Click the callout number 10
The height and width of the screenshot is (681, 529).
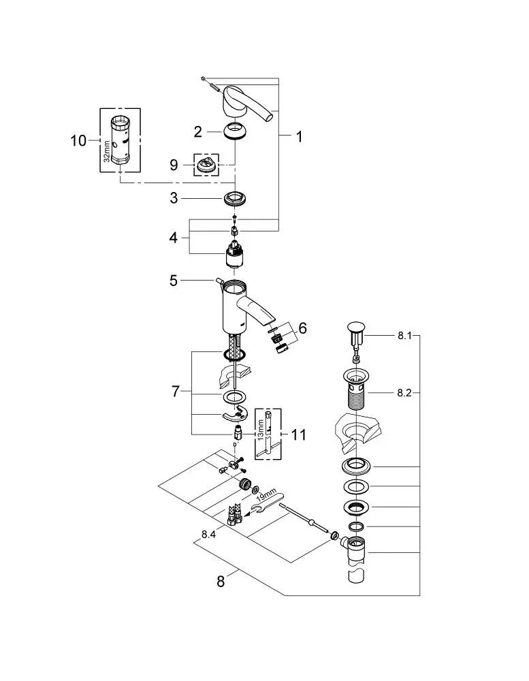[x=78, y=141]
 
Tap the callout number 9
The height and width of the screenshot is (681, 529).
[x=174, y=165]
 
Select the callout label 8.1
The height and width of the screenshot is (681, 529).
[x=404, y=336]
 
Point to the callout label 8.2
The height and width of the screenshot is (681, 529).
[x=404, y=393]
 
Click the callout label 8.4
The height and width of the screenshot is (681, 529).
[x=208, y=535]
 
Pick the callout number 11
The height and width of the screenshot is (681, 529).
[x=298, y=434]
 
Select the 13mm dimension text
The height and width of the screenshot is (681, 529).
[x=261, y=430]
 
